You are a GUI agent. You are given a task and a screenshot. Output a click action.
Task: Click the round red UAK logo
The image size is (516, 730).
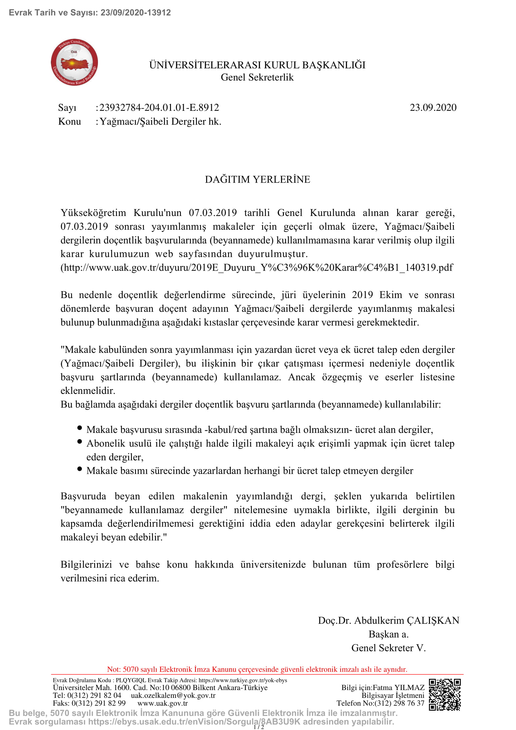click(x=74, y=62)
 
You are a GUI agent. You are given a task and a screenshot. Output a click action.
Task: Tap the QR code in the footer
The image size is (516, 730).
click(x=445, y=695)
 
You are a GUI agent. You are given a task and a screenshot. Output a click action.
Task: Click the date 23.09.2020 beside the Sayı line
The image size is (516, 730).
click(x=433, y=107)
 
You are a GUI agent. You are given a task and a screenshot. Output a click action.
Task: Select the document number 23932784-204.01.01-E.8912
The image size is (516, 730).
click(x=159, y=107)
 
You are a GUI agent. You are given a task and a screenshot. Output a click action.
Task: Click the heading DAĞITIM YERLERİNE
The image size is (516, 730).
click(x=257, y=179)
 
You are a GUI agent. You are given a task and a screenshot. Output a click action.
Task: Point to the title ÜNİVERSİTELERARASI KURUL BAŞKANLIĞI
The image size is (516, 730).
click(x=257, y=65)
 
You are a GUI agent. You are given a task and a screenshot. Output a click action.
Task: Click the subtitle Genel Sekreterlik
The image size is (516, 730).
click(x=257, y=77)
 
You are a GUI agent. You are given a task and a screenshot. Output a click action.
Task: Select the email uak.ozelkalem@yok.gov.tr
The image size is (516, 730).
click(x=173, y=695)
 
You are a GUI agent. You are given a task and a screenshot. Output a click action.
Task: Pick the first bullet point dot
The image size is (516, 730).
click(x=80, y=428)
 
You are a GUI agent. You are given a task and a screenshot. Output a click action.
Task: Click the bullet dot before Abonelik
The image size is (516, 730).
click(x=80, y=442)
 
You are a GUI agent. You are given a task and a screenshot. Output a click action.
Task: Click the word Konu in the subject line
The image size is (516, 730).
click(x=70, y=121)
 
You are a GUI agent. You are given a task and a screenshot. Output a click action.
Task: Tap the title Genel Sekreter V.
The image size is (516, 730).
click(x=388, y=648)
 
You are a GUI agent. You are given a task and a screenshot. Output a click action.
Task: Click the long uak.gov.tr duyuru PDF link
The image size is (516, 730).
click(x=257, y=267)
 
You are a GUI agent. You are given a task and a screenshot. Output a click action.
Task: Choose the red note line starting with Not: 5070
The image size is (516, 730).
click(x=257, y=669)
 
